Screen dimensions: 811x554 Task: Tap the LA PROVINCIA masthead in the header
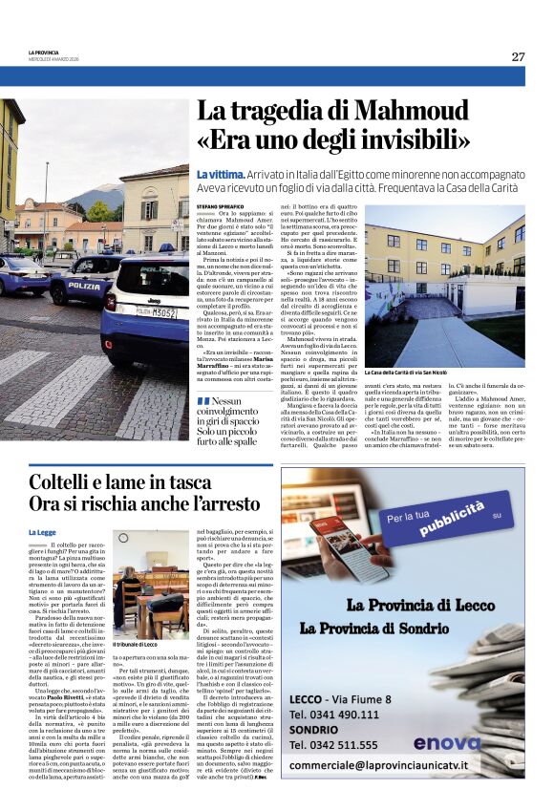pyautogui.click(x=43, y=53)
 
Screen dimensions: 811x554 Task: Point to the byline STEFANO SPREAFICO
pyautogui.click(x=223, y=203)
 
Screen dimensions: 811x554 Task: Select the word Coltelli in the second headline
pyautogui.click(x=69, y=482)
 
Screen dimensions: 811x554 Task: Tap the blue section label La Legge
pyautogui.click(x=41, y=531)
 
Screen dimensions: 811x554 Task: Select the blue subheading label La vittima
pyautogui.click(x=218, y=175)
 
